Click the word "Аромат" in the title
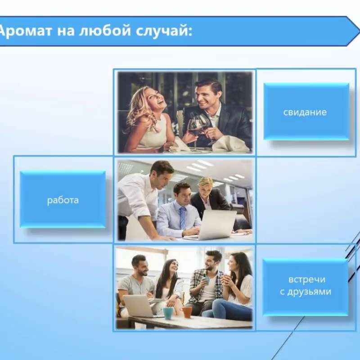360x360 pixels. pyautogui.click(x=25, y=31)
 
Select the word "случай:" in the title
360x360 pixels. pyautogui.click(x=164, y=31)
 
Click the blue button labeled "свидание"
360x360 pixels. pyautogui.click(x=306, y=112)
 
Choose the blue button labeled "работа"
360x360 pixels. pyautogui.click(x=63, y=199)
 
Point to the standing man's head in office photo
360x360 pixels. pyautogui.click(x=162, y=172)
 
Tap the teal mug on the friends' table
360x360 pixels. pyautogui.click(x=168, y=313)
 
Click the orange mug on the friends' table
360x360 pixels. pyautogui.click(x=187, y=312)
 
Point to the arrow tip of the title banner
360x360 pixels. pyautogui.click(x=359, y=31)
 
